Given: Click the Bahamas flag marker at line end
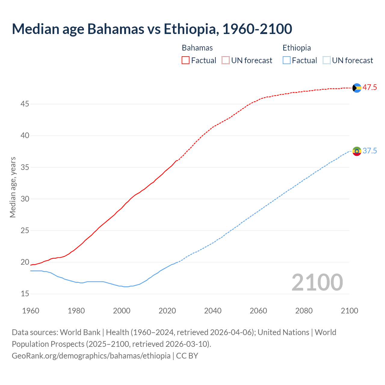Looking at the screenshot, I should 357,88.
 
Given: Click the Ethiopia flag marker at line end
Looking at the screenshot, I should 357,151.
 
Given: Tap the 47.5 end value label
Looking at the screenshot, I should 370,88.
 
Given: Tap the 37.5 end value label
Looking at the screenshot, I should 370,151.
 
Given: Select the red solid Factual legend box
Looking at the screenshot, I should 186,60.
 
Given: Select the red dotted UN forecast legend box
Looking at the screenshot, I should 226,60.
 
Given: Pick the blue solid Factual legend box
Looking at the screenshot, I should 287,60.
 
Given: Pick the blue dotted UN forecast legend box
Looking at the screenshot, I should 326,60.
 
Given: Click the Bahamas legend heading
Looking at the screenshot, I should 197,48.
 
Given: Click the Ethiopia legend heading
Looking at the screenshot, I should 297,48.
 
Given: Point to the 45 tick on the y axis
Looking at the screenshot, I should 25,104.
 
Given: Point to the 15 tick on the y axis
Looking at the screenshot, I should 25,294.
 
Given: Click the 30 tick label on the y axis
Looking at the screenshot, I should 25,199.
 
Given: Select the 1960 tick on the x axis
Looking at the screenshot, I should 31,311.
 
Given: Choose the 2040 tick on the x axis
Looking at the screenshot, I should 213,311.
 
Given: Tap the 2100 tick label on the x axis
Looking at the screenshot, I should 350,311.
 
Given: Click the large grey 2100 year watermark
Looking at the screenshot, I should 317,282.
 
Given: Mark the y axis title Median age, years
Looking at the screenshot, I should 13,187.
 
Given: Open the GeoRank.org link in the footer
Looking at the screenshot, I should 91,356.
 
